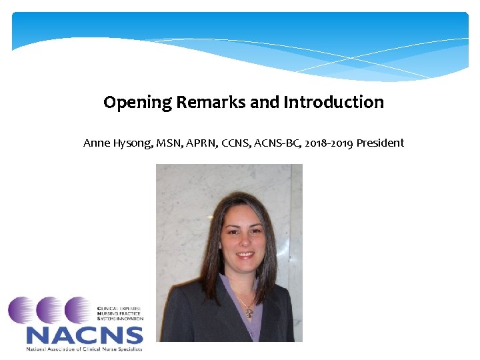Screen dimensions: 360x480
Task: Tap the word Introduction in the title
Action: coord(333,103)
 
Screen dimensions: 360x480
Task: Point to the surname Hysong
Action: coord(131,143)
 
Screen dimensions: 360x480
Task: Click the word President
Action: coord(380,143)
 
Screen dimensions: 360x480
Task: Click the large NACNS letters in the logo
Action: coord(84,335)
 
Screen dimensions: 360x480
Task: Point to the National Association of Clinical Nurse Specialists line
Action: coord(84,348)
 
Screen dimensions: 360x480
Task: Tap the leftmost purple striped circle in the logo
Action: coord(22,310)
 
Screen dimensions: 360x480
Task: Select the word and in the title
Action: coord(265,103)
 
